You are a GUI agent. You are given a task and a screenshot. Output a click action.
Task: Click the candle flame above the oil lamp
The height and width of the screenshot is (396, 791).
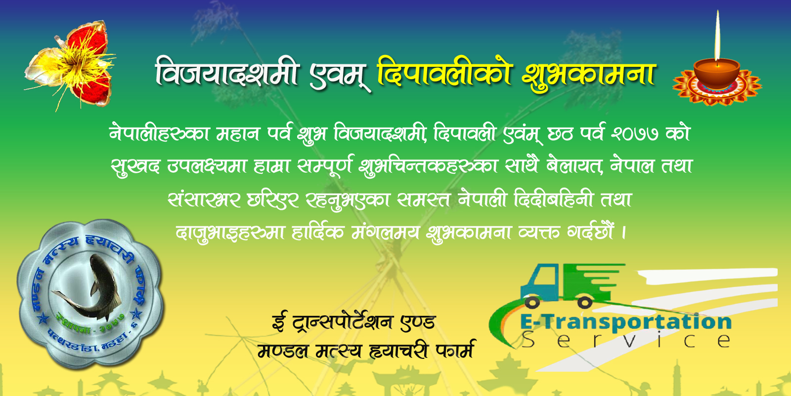pyautogui.click(x=717, y=37)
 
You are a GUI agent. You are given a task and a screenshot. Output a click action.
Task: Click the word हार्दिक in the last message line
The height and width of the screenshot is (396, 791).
pyautogui.click(x=317, y=232)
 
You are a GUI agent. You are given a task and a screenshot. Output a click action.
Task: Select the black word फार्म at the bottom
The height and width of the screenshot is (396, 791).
pyautogui.click(x=455, y=350)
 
